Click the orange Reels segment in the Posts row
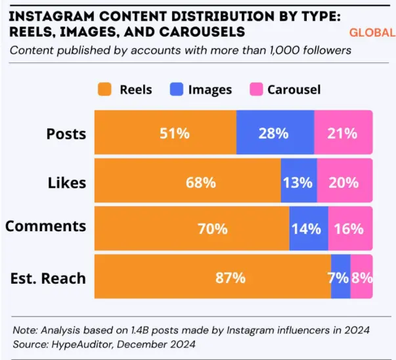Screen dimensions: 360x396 point(165,133)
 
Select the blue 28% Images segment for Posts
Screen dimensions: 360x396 point(275,133)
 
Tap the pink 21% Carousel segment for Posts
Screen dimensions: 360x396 point(343,133)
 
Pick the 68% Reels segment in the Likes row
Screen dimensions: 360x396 point(187,182)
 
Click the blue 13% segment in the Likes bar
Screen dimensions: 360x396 point(298,182)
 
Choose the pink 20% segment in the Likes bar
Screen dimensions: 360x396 point(344,182)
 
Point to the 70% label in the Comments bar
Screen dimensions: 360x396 point(213,229)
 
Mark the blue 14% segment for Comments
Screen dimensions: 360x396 point(307,229)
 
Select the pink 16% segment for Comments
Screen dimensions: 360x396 point(349,229)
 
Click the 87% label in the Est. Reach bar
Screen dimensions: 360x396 point(231,278)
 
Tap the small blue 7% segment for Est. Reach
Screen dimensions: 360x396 point(340,278)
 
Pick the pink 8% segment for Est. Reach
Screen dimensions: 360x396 point(361,278)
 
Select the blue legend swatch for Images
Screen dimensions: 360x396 point(176,89)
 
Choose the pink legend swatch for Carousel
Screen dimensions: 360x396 point(256,89)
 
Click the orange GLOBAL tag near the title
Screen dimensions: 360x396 point(372,32)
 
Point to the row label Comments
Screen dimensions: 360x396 point(45,226)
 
